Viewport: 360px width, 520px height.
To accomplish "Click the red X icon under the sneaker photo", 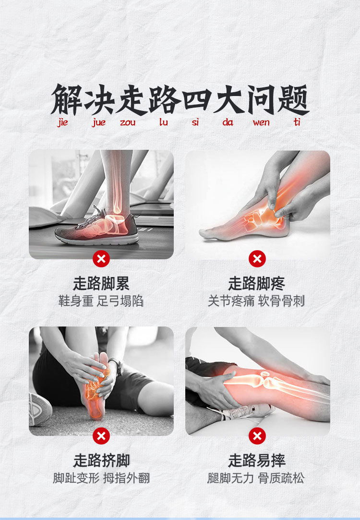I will coord(101,259).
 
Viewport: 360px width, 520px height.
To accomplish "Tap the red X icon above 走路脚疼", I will coord(257,259).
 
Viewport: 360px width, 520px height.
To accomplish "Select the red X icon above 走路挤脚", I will coord(101,436).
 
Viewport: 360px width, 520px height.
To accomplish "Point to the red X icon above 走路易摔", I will coord(257,436).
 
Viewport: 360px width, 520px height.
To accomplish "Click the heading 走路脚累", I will coord(101,283).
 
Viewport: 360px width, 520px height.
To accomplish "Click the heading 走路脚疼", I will coord(257,283).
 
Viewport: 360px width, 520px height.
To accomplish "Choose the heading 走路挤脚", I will coord(101,460).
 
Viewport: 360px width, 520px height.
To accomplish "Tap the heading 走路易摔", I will coord(257,460).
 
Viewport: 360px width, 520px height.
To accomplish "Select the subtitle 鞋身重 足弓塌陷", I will coord(101,302).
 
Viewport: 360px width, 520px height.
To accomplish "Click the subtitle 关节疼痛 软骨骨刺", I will coord(257,302).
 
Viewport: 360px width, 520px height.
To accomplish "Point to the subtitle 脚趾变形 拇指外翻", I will coord(101,478).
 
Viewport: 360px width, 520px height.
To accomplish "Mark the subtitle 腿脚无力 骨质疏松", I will coord(257,478).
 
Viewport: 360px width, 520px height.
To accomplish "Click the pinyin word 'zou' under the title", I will coord(128,123).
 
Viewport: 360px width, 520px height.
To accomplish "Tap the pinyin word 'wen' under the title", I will coord(261,123).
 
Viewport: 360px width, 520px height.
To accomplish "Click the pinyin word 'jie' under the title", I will coord(62,123).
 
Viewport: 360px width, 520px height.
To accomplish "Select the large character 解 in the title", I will coord(66,100).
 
